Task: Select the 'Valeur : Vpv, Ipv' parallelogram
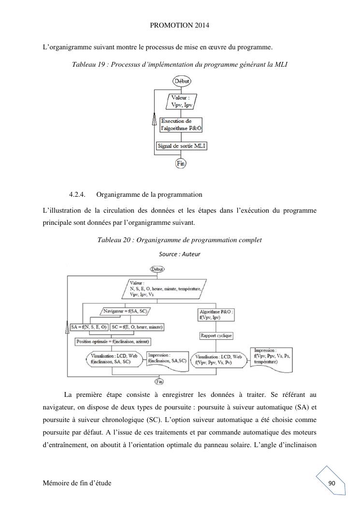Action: click(x=181, y=102)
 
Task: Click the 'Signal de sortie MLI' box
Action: click(x=182, y=145)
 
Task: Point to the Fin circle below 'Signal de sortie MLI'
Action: click(x=181, y=163)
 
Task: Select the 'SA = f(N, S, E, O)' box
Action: click(x=88, y=327)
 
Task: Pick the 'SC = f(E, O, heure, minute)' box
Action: click(x=137, y=327)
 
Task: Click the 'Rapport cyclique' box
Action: click(x=216, y=335)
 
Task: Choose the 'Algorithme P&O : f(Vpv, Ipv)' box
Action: click(x=216, y=315)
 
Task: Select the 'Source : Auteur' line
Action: click(x=179, y=254)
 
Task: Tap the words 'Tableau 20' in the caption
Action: click(x=113, y=240)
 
